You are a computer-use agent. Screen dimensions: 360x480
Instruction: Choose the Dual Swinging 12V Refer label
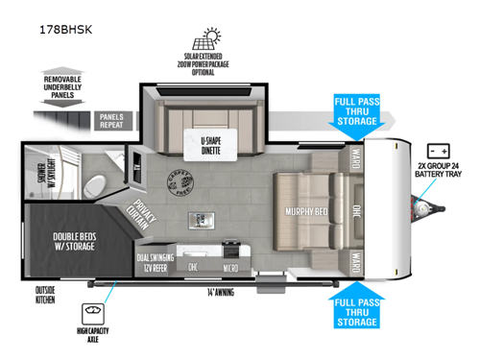point(154,259)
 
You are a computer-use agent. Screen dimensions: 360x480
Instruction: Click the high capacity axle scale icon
point(94,313)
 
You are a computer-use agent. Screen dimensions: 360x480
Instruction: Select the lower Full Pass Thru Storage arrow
point(355,305)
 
